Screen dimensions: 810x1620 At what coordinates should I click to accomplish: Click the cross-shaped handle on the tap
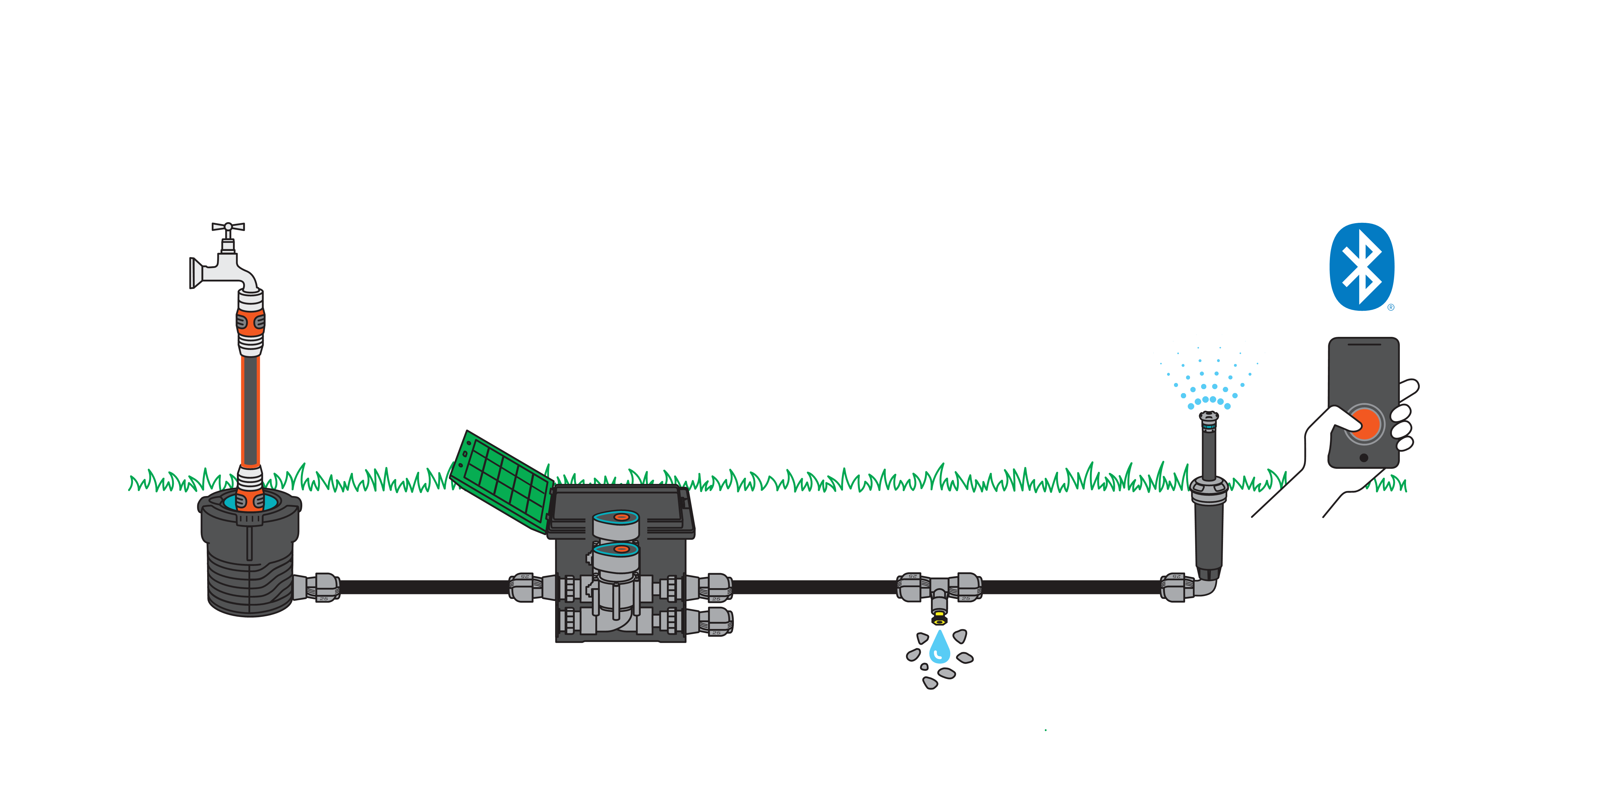tap(228, 226)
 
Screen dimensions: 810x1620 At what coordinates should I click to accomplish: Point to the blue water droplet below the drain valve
tap(939, 648)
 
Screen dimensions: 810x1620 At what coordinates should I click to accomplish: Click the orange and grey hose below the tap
tap(250, 409)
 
